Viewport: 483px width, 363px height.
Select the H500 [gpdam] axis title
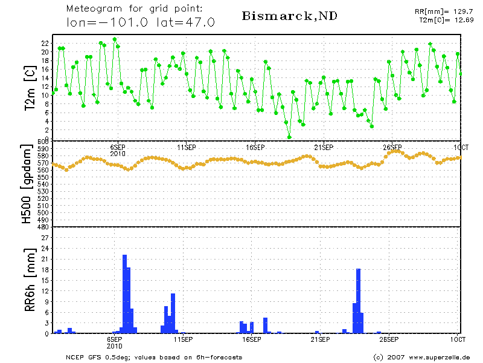27,185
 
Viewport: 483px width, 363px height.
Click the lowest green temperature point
289,137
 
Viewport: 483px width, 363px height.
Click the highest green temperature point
115,39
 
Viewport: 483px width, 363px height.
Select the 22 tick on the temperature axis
45,44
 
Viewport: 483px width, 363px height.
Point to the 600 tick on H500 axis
43,142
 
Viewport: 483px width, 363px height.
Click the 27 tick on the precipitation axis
45,238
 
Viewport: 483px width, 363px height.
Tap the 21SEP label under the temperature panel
324,147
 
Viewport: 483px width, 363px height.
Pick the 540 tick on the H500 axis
43,184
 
